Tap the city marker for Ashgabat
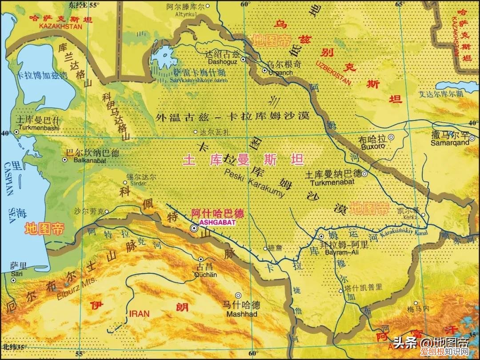pyautogui.click(x=194, y=228)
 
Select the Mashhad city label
pyautogui.click(x=242, y=314)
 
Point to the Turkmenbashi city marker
pyautogui.click(x=17, y=132)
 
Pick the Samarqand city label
pyautogui.click(x=450, y=143)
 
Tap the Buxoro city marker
pyautogui.click(x=391, y=137)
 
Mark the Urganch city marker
pyautogui.click(x=265, y=71)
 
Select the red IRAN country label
pyautogui.click(x=140, y=314)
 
